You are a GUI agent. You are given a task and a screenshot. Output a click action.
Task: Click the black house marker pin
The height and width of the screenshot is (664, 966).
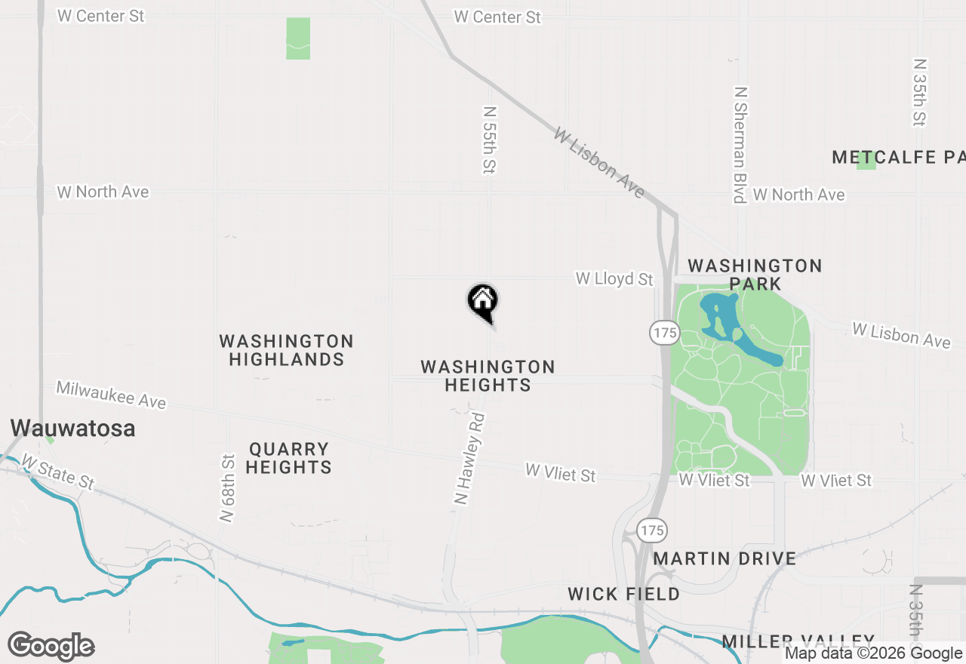coord(483,302)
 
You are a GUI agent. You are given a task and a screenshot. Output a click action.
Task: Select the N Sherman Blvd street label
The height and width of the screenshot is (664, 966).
coord(740,144)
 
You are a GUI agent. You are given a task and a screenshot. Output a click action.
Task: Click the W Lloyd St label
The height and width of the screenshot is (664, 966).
coord(614,279)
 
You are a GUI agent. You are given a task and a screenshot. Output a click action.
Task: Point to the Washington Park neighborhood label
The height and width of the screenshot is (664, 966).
coord(755,275)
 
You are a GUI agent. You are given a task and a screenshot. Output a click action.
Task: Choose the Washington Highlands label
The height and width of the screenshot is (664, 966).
coord(287,351)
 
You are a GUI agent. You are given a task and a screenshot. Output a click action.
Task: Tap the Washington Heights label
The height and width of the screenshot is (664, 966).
coord(488,376)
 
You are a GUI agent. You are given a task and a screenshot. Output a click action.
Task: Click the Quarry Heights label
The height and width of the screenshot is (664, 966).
coord(289,458)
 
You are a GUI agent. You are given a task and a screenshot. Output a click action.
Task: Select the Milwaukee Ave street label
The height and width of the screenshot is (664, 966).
coord(111,395)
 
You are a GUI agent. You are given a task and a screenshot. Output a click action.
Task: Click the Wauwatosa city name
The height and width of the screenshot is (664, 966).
coord(72,429)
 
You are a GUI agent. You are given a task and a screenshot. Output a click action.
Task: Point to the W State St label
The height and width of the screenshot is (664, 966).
coord(58,470)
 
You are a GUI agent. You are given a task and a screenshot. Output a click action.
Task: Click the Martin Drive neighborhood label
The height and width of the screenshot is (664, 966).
coord(724,559)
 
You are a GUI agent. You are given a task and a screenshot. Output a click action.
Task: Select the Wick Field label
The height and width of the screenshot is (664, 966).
coord(623,594)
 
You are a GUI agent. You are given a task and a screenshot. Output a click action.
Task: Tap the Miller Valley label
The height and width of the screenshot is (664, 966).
coord(798,642)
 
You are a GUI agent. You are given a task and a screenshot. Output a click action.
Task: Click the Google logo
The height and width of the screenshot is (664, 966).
coord(51,647)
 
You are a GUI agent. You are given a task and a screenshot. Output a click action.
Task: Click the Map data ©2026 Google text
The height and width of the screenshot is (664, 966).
coord(873,653)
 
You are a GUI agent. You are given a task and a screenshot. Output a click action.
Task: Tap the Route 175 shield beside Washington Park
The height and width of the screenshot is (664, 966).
coord(665,333)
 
